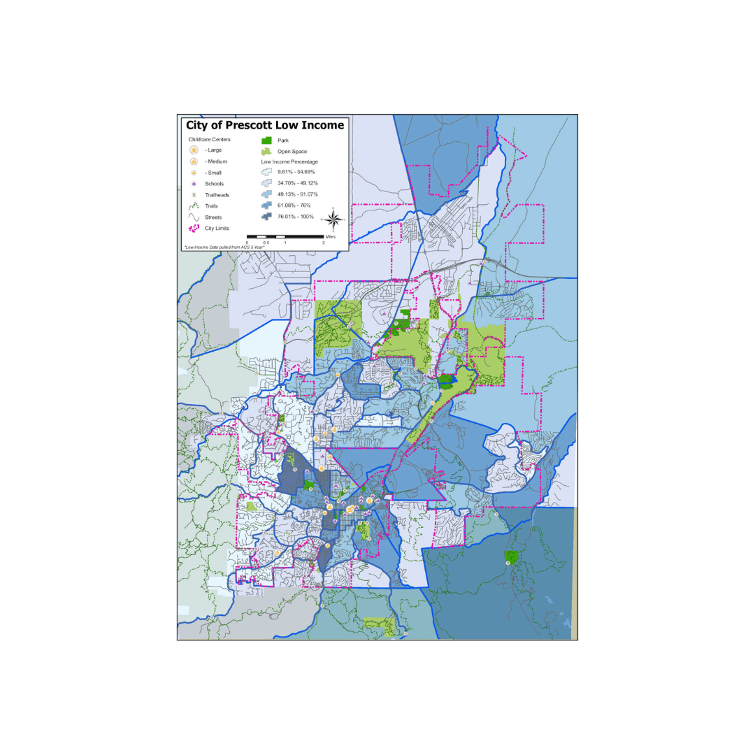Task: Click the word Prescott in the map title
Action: [254, 125]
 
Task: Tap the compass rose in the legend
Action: [333, 220]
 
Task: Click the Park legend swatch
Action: [266, 140]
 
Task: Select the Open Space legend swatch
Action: [266, 151]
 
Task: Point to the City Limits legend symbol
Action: [194, 228]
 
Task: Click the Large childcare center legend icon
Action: [194, 150]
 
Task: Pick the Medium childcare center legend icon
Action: [194, 161]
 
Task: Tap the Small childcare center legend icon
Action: [194, 172]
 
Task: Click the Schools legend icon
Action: [194, 183]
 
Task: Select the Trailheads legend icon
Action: [194, 194]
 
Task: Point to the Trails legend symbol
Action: [194, 206]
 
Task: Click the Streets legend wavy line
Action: [194, 217]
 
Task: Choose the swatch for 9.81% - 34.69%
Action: [266, 171]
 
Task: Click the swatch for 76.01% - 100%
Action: [266, 217]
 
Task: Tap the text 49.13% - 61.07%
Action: [296, 194]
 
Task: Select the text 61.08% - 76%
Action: [293, 206]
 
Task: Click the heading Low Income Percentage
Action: [289, 161]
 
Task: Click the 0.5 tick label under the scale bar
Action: [266, 243]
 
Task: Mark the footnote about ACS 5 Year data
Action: [224, 247]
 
